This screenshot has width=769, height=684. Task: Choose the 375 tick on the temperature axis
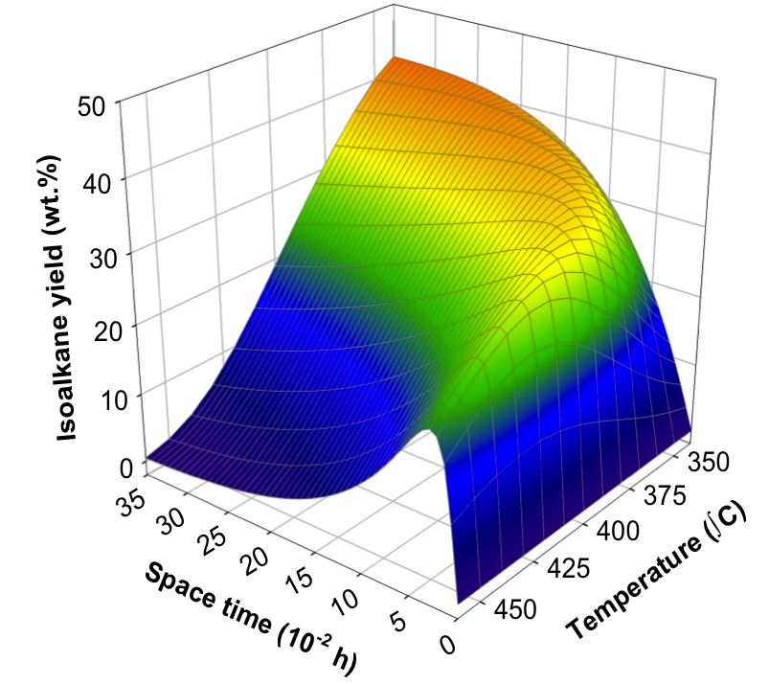point(664,496)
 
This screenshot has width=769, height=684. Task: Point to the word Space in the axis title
point(175,581)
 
